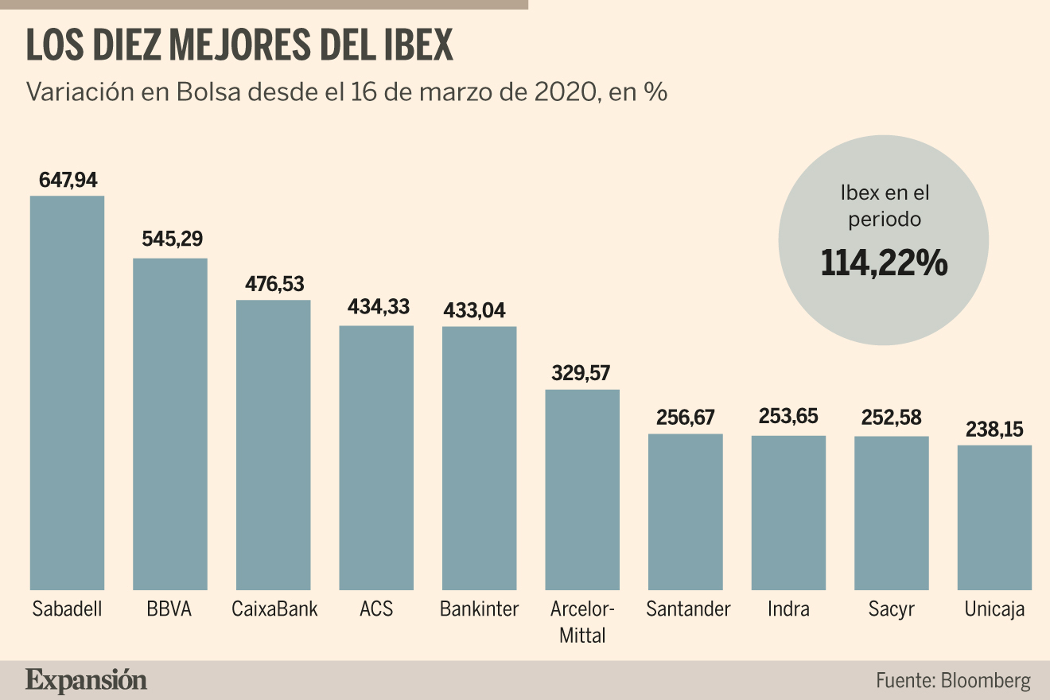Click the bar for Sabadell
tap(67, 393)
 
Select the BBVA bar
tap(170, 424)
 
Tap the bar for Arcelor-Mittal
tap(582, 490)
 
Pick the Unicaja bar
tap(994, 518)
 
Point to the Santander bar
tap(686, 512)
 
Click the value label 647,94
tap(68, 180)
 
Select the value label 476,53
tap(274, 284)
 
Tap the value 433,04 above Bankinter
tap(474, 310)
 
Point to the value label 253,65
tap(788, 416)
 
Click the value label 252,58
tap(891, 418)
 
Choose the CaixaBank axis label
tap(274, 609)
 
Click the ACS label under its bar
tap(376, 609)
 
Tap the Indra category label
tap(788, 609)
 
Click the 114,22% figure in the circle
tap(884, 263)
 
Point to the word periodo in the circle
tap(885, 220)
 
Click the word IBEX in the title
tap(418, 45)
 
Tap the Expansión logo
tap(86, 681)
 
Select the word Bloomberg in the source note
tap(986, 681)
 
